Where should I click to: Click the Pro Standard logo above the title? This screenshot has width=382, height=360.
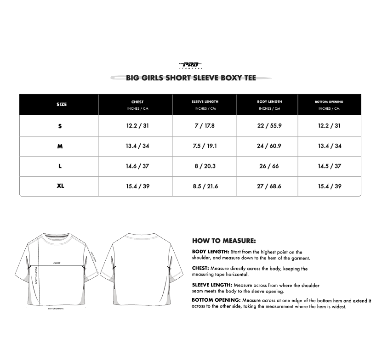coord(191,65)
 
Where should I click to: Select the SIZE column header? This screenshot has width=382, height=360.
coord(62,105)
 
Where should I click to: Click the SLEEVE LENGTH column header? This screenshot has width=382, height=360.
coord(205,101)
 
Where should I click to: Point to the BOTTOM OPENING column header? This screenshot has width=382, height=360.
coord(329,101)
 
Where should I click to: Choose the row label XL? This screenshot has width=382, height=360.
coord(60,186)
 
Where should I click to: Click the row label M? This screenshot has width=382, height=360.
coord(60,146)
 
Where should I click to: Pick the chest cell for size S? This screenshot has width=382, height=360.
coord(137,126)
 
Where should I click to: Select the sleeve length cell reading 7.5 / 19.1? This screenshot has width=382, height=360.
coord(205,146)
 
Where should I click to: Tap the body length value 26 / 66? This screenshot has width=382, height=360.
coord(269,166)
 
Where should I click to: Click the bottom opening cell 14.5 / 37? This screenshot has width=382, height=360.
coord(330,166)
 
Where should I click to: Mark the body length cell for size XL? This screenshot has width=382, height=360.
coord(269,186)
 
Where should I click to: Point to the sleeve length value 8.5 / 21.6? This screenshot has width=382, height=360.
coord(205,186)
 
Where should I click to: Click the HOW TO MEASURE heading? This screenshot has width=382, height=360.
coord(224,241)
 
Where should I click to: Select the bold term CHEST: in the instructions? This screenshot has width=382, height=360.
coord(200,268)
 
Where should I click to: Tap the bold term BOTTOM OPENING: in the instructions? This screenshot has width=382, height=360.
coord(216,300)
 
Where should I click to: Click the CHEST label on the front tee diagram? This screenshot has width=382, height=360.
coord(57,263)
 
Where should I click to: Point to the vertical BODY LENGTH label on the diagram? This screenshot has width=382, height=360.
coord(36,278)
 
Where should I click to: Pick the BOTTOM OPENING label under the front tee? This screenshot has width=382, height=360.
coord(56,309)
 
